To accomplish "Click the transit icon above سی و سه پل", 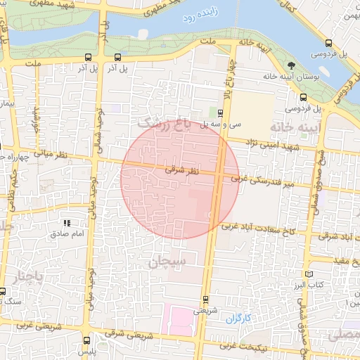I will [x=220, y=112].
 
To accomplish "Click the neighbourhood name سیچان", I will [x=167, y=264].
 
